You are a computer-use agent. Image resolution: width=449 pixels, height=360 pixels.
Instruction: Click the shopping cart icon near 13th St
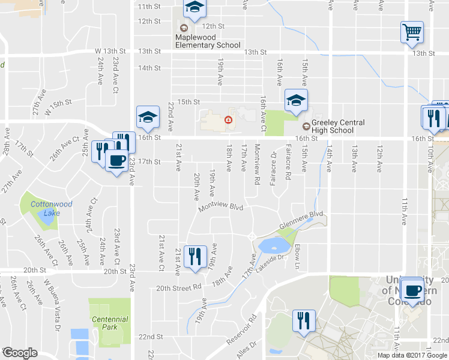click(x=412, y=31)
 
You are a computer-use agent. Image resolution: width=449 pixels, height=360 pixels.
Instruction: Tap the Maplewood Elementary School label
click(x=208, y=41)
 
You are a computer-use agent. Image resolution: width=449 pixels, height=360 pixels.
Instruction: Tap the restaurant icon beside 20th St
click(x=195, y=257)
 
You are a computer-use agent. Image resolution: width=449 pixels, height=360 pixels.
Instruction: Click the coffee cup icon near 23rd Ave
click(x=116, y=160)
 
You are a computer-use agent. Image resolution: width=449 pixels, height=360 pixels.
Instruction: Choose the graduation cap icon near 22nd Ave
click(x=148, y=118)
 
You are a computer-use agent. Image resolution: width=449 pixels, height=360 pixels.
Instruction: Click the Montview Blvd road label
click(x=221, y=207)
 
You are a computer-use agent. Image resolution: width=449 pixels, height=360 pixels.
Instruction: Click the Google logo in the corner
click(x=20, y=353)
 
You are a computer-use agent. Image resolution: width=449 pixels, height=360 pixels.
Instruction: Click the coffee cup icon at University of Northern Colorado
click(x=412, y=290)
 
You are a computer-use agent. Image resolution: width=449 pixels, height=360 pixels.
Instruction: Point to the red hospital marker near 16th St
click(x=228, y=120)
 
